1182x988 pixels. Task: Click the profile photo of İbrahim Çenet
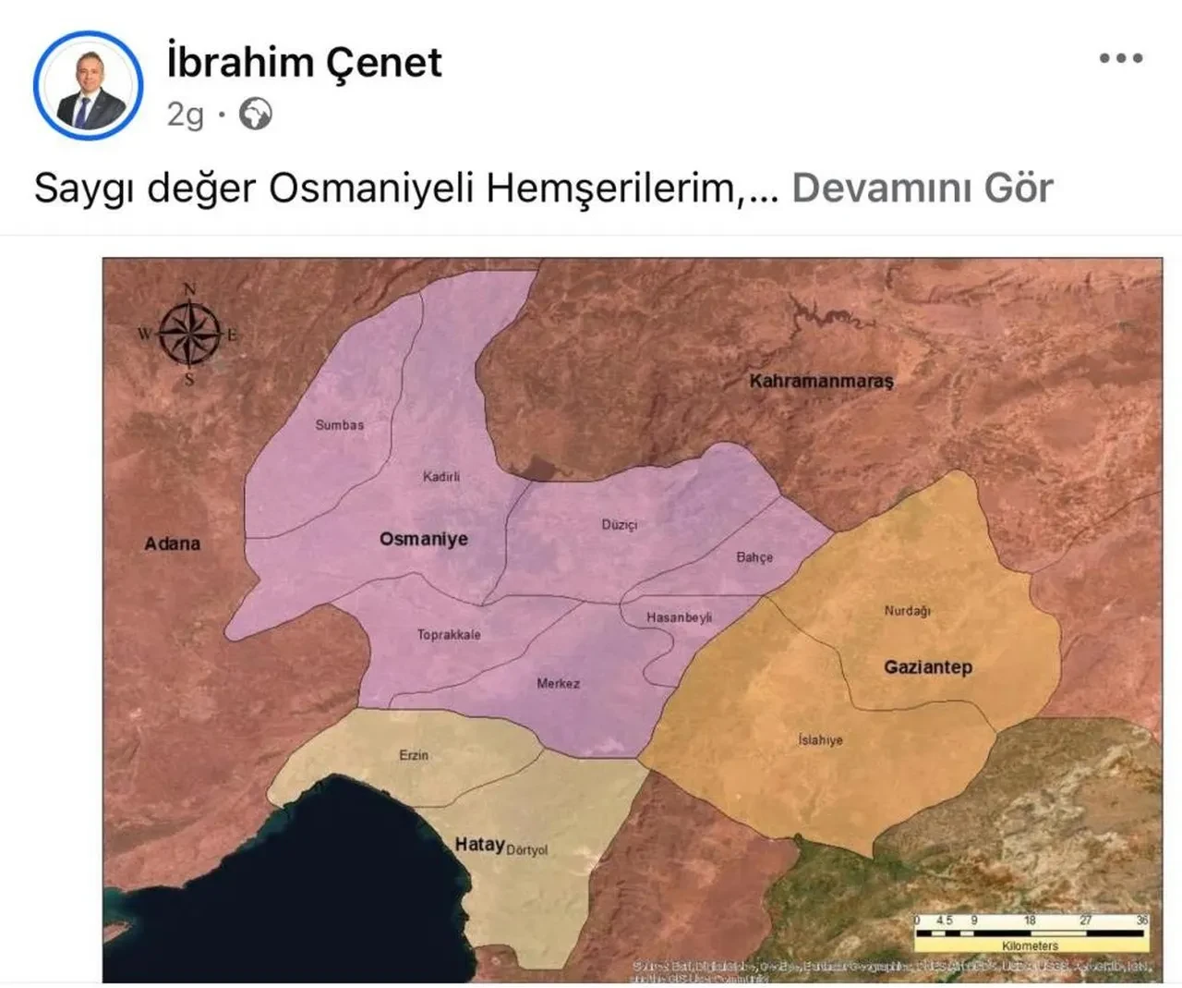pyautogui.click(x=89, y=85)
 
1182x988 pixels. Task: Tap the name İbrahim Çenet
pyautogui.click(x=304, y=62)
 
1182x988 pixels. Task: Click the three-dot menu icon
pyautogui.click(x=1121, y=58)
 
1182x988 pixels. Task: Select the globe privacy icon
pyautogui.click(x=256, y=115)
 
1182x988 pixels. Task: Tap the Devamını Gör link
pyautogui.click(x=922, y=188)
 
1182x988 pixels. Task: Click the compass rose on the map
pyautogui.click(x=189, y=334)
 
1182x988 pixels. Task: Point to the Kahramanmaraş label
pyautogui.click(x=821, y=381)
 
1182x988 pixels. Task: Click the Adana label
pyautogui.click(x=172, y=543)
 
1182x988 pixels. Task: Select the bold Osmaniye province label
pyautogui.click(x=424, y=539)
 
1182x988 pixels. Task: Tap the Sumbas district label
pyautogui.click(x=340, y=425)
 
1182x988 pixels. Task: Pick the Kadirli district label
pyautogui.click(x=441, y=477)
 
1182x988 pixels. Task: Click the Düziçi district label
pyautogui.click(x=620, y=525)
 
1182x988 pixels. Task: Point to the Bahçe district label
pyautogui.click(x=754, y=557)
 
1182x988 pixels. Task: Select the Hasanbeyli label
pyautogui.click(x=679, y=617)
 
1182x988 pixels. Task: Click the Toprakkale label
pyautogui.click(x=449, y=635)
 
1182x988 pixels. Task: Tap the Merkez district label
pyautogui.click(x=559, y=684)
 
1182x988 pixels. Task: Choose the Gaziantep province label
pyautogui.click(x=928, y=666)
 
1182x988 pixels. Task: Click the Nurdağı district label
pyautogui.click(x=908, y=611)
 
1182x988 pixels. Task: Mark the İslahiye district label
pyautogui.click(x=820, y=740)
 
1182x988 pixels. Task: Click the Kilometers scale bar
pyautogui.click(x=1030, y=933)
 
